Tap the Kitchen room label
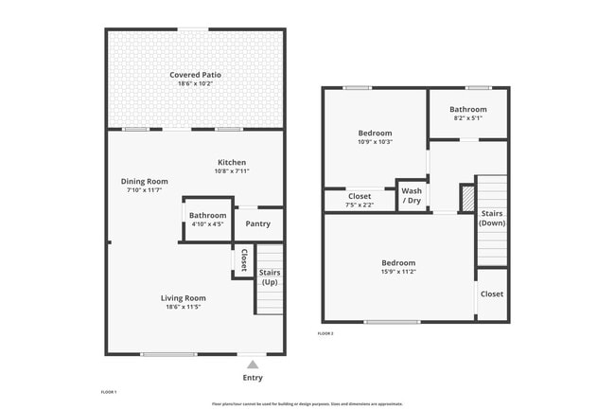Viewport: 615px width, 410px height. [232, 162]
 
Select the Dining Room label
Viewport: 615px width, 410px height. [144, 181]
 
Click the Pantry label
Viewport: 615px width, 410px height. [257, 224]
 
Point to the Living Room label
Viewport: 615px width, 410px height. [183, 297]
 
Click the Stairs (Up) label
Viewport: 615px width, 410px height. [270, 278]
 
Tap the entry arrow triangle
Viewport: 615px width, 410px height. [252, 364]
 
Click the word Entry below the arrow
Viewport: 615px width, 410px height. [253, 378]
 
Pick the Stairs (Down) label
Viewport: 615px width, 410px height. [492, 218]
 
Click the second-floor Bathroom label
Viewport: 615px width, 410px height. [467, 110]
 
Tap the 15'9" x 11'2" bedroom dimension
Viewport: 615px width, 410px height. [398, 273]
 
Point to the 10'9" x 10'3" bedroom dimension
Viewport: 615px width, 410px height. [375, 142]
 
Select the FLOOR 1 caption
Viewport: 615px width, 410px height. [109, 391]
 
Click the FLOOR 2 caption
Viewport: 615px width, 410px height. [325, 333]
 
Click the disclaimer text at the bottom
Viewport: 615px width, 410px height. [307, 403]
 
